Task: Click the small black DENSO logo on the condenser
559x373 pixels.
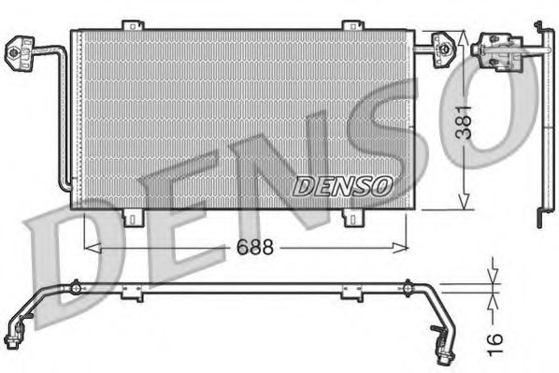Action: tap(341, 186)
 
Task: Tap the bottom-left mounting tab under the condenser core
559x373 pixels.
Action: tap(136, 218)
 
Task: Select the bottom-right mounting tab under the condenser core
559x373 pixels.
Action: tap(351, 218)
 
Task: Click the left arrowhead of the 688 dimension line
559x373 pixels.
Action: tap(90, 248)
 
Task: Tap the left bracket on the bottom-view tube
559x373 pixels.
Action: tap(133, 293)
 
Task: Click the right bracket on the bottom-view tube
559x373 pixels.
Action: tap(350, 293)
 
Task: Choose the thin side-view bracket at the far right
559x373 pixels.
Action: tap(542, 122)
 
